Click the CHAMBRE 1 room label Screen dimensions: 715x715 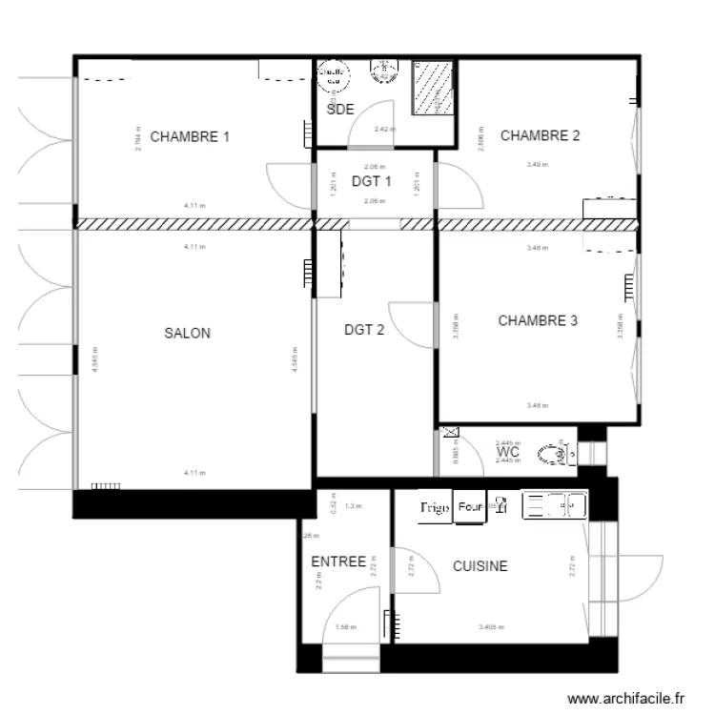click(190, 136)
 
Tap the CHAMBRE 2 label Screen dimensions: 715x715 click(540, 135)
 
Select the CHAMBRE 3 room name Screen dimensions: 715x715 click(538, 321)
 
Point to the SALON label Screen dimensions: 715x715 click(188, 334)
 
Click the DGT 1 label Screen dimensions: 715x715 click(372, 182)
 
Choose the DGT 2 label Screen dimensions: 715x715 click(364, 331)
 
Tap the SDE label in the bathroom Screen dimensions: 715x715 click(340, 110)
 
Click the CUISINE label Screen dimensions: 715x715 click(480, 566)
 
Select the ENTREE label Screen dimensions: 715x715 click(338, 562)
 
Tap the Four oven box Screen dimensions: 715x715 click(469, 507)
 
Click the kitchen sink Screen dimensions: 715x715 click(553, 506)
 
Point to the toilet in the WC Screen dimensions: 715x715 click(557, 455)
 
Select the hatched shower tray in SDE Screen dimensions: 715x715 click(434, 89)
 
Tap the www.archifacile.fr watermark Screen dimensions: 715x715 click(626, 699)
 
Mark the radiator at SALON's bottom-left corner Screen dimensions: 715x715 click(107, 485)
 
